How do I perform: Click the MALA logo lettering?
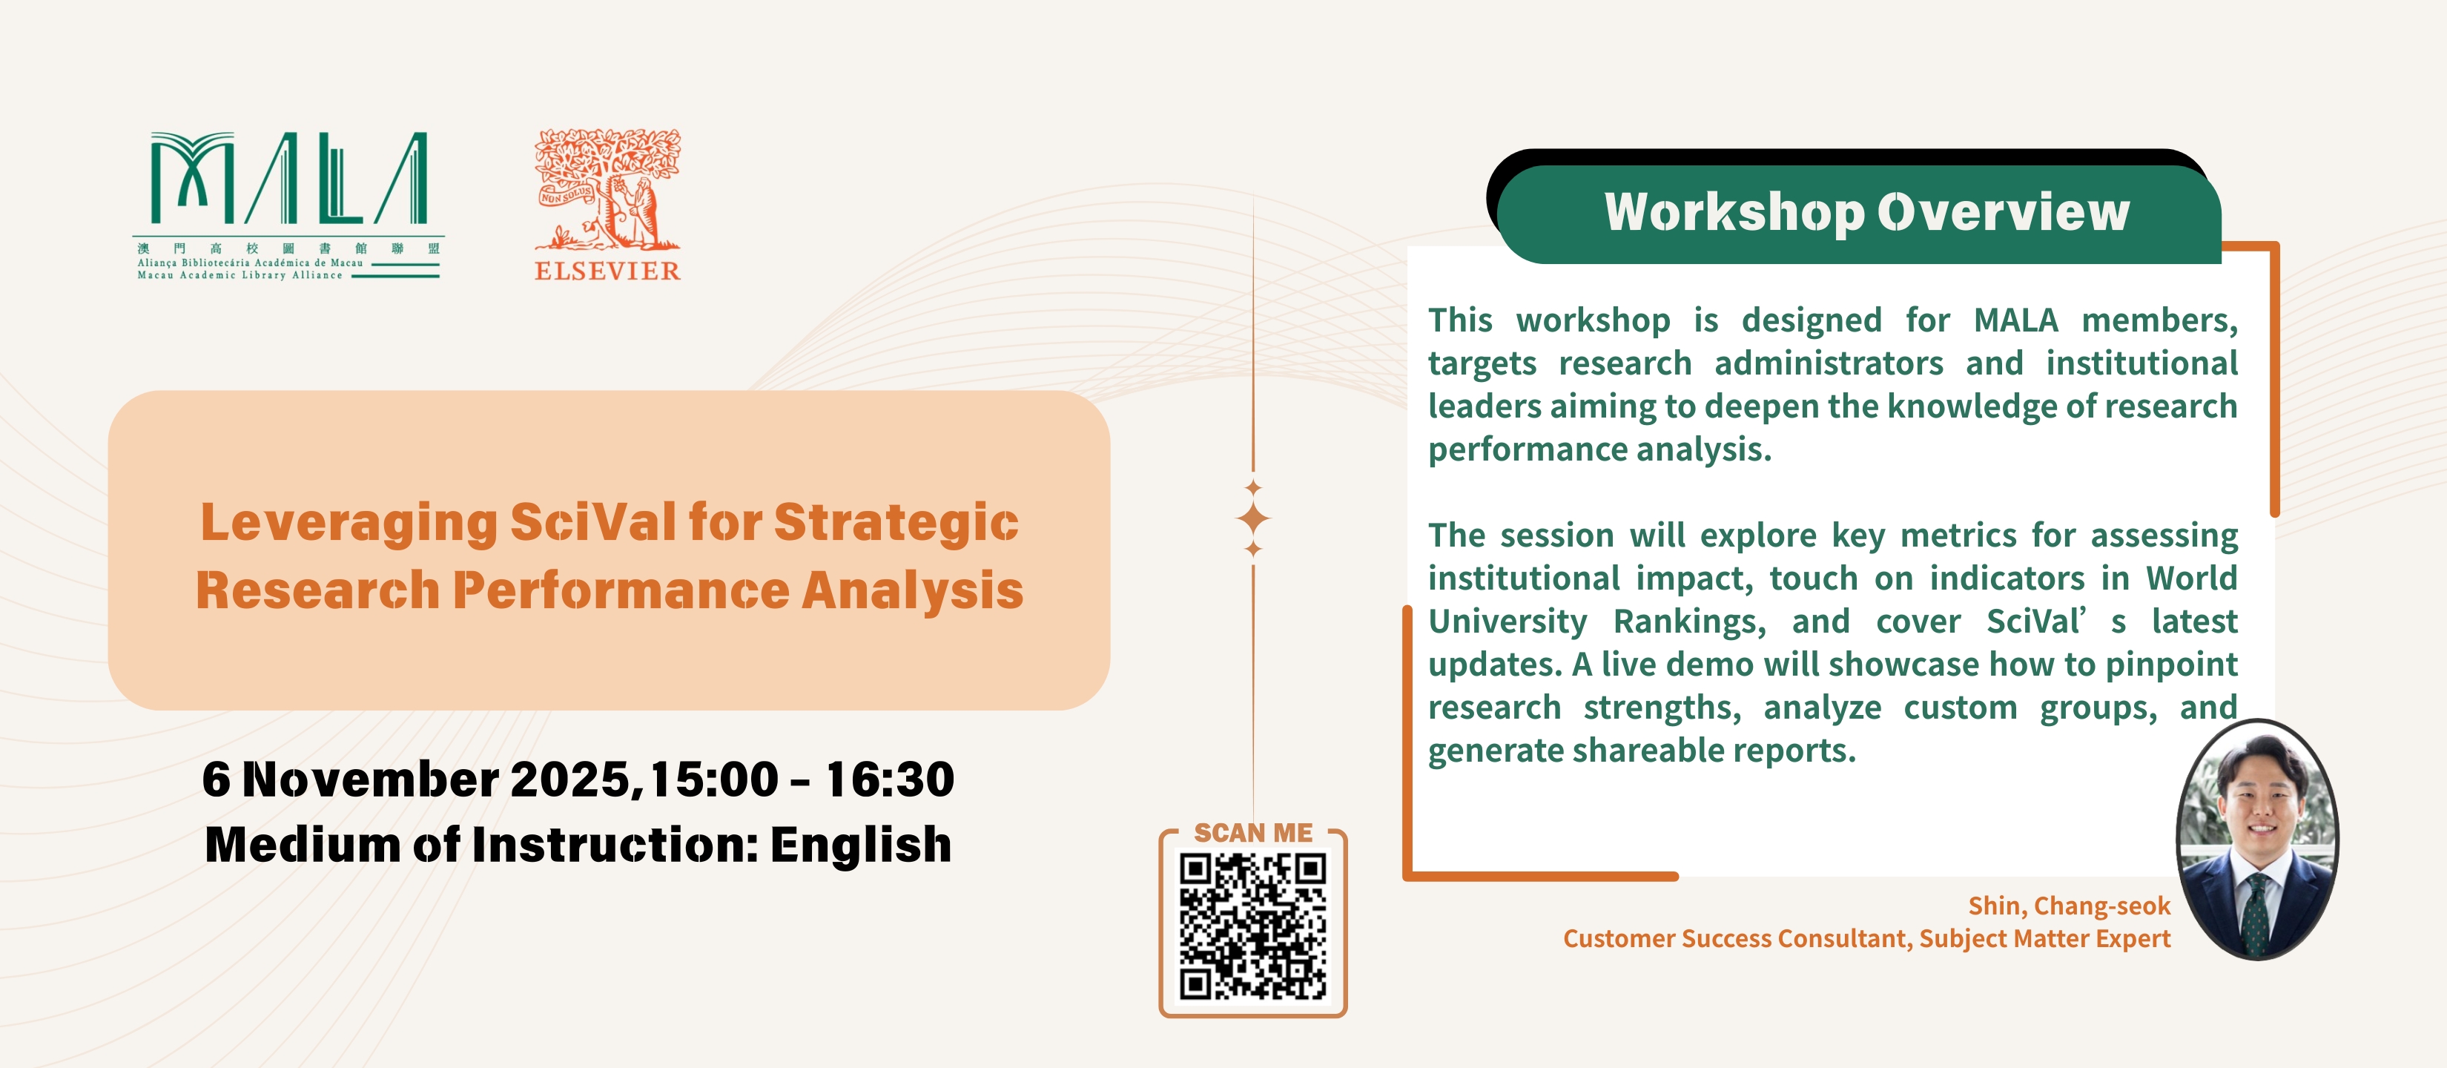click(x=288, y=178)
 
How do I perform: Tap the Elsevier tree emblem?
click(x=608, y=189)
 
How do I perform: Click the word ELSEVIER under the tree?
click(x=608, y=271)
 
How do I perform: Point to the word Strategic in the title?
click(x=896, y=524)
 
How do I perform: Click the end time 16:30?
click(x=889, y=779)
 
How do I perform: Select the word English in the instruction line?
click(x=861, y=845)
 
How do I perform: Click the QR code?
click(x=1253, y=926)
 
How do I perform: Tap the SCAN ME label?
click(x=1253, y=834)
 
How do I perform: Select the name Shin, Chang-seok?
click(x=2069, y=906)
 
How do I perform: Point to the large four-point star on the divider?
click(x=1253, y=519)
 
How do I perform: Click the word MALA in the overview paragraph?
click(x=2015, y=320)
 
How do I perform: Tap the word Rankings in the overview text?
click(x=1689, y=622)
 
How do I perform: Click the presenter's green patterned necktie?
click(x=2256, y=914)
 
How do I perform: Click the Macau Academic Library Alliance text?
click(x=240, y=276)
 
